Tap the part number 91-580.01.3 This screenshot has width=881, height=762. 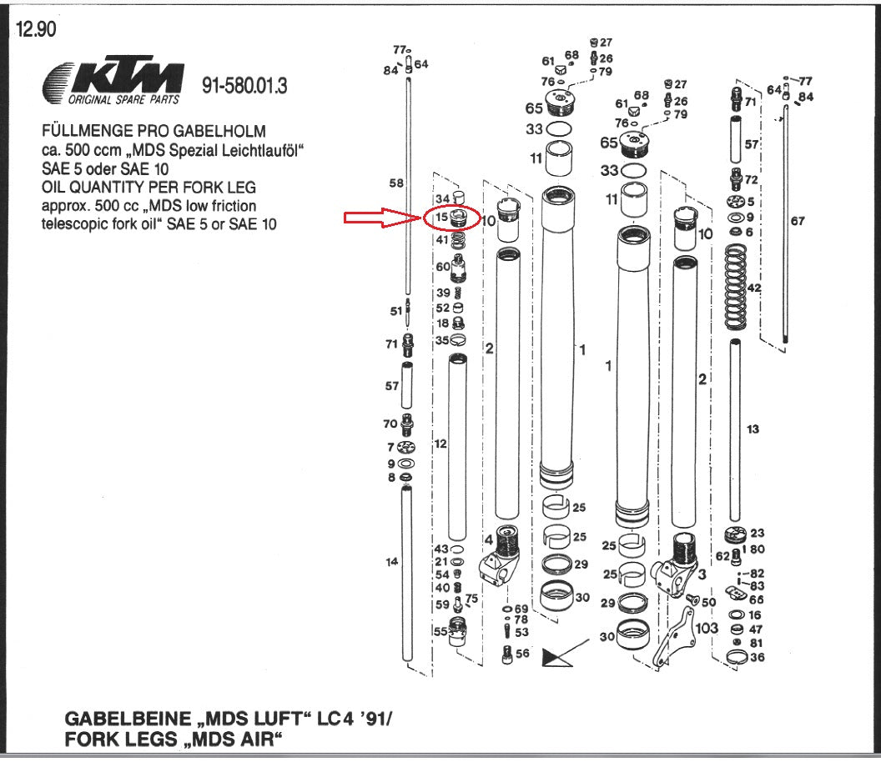tap(245, 86)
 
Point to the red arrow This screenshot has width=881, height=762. tap(383, 218)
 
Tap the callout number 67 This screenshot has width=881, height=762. tap(798, 221)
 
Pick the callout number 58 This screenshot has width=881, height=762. tap(396, 183)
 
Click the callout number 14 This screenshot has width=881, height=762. tap(391, 562)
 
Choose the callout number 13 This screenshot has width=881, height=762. tap(753, 429)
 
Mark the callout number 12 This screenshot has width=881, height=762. tap(440, 444)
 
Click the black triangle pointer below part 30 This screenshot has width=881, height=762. tap(554, 657)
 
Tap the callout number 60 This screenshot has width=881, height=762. tap(443, 267)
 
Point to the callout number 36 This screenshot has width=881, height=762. tap(758, 658)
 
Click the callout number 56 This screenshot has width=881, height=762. tap(522, 654)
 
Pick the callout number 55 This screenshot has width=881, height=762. tap(440, 631)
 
